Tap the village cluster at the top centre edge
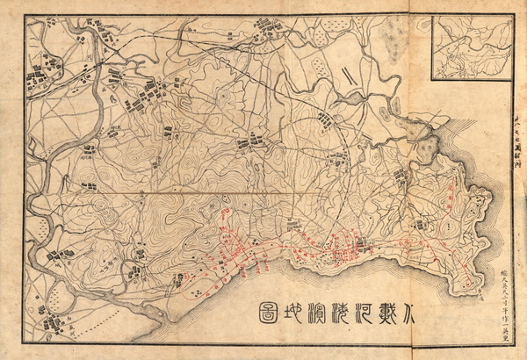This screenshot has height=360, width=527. coord(269,24)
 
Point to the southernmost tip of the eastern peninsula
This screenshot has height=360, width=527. coord(473,285)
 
